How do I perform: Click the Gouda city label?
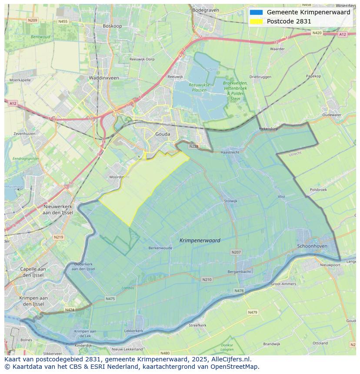tap(163, 134)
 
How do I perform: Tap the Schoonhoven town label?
tap(312, 246)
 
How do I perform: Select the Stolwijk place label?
tap(230, 201)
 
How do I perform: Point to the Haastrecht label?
tap(230, 152)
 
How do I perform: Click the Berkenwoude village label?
tap(160, 248)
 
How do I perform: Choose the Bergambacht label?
tap(239, 271)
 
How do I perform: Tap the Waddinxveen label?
tap(103, 78)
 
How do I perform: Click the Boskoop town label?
tap(112, 26)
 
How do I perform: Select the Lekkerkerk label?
tap(133, 331)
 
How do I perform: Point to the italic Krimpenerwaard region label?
tap(200, 240)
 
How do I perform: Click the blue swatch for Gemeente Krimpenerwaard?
tap(256, 12)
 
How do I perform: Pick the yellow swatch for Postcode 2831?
tap(256, 21)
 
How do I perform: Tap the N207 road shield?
tap(236, 252)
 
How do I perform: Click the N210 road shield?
tap(207, 279)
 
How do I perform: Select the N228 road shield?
tap(194, 146)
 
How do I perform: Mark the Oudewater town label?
tap(332, 115)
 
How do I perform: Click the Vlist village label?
tap(281, 197)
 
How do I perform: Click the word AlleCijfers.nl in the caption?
tap(232, 360)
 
